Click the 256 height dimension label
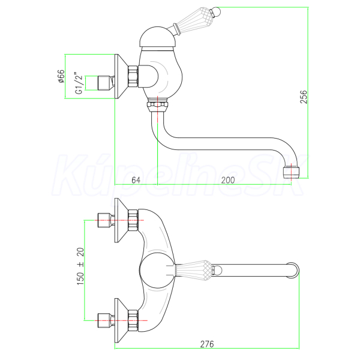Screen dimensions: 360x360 (303, 97)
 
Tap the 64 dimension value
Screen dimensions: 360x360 (136, 180)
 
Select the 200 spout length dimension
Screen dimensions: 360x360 (228, 180)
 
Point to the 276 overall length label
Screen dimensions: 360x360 (207, 344)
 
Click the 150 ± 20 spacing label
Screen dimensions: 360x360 (80, 266)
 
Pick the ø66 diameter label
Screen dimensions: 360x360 (61, 76)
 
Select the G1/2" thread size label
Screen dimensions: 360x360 (79, 83)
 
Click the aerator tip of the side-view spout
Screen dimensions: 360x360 (291, 172)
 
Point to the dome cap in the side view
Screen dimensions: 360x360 (158, 37)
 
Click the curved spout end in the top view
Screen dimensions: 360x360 (293, 270)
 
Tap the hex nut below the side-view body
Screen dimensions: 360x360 (157, 106)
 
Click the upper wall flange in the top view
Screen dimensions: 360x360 (121, 220)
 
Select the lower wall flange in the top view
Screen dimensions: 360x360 (121, 320)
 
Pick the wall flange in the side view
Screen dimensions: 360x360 (121, 76)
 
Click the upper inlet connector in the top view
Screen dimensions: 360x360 (106, 220)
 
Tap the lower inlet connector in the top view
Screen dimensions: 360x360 (106, 320)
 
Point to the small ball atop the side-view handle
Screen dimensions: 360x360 (216, 11)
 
